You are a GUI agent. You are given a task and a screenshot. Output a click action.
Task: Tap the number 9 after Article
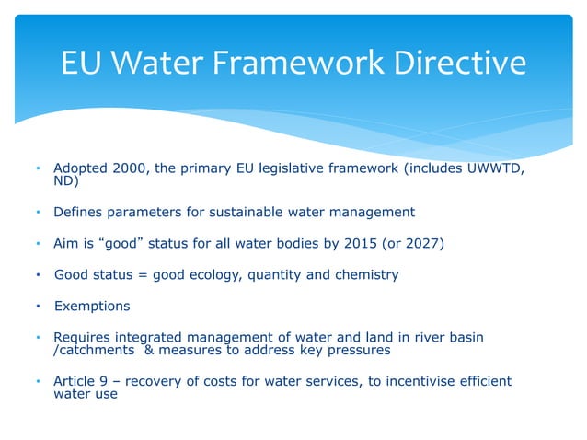tap(101, 381)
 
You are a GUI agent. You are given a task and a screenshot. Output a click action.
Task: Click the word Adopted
tap(77, 169)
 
